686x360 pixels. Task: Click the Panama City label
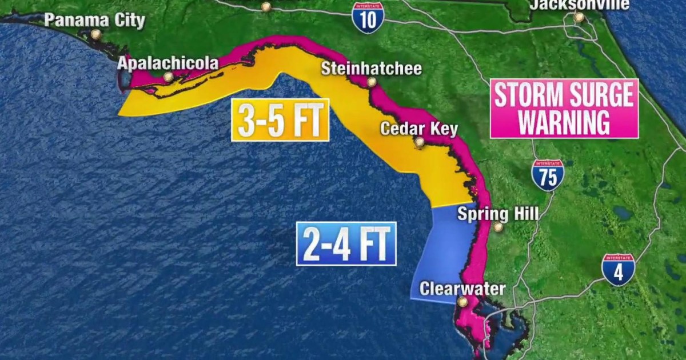point(95,21)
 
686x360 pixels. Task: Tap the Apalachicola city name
point(168,63)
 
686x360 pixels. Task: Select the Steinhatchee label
point(371,69)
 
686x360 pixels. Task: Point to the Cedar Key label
point(419,129)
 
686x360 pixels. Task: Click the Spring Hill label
point(498,214)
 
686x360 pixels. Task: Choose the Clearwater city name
point(462,289)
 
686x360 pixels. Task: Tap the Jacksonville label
point(579,5)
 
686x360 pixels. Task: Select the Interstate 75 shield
point(548,175)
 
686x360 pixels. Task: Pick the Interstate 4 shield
point(618,270)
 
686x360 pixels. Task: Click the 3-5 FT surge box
point(280,120)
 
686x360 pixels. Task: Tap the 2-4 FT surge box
point(346,244)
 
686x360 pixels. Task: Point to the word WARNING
point(564,123)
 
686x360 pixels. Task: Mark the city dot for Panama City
point(95,34)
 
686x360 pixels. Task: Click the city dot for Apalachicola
point(168,76)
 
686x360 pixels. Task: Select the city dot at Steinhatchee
point(372,82)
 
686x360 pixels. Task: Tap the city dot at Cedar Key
point(420,142)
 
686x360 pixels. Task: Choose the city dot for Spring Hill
point(498,227)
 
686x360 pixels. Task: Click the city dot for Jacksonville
point(579,18)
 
